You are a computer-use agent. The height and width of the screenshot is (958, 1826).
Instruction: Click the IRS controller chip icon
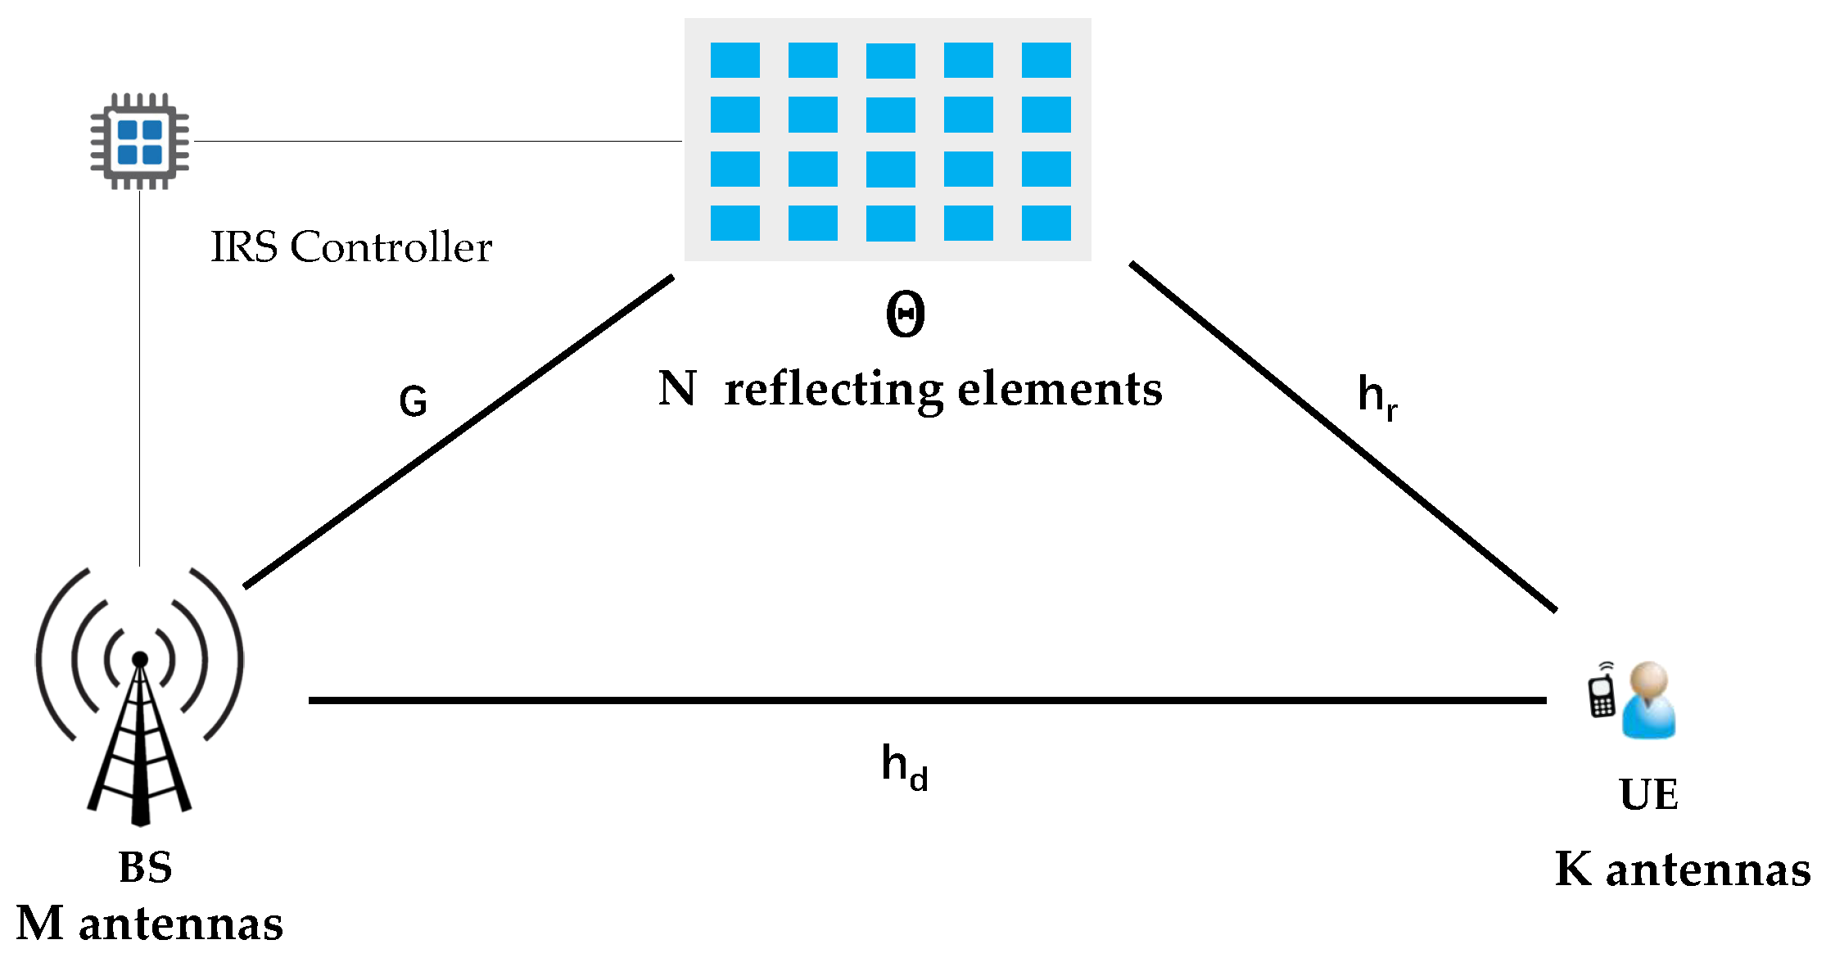(139, 141)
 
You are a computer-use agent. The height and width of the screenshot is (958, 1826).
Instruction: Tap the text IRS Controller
(350, 246)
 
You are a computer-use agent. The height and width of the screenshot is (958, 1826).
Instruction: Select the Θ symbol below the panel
(905, 314)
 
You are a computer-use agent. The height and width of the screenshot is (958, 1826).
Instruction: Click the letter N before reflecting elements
(677, 389)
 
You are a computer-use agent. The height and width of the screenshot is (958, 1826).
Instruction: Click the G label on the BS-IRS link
(413, 401)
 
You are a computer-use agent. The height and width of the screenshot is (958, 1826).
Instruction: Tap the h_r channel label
(1376, 396)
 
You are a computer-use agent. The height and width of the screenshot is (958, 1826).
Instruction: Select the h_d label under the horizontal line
(904, 766)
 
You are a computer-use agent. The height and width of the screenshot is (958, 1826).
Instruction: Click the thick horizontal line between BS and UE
(925, 700)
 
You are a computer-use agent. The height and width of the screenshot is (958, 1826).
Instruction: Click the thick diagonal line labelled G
(459, 432)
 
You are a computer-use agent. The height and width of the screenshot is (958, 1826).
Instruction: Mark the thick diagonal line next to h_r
(1343, 436)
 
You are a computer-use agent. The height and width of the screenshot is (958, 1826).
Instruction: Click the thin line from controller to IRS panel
(438, 141)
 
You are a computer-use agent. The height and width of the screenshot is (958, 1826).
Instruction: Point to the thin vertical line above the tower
(139, 377)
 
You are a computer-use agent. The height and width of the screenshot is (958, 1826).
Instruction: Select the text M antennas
(149, 924)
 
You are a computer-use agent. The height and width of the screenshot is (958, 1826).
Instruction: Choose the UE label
(1648, 794)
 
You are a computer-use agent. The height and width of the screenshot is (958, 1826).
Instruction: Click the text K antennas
(1682, 870)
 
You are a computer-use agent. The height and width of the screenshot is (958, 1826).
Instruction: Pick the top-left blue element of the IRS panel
(734, 61)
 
